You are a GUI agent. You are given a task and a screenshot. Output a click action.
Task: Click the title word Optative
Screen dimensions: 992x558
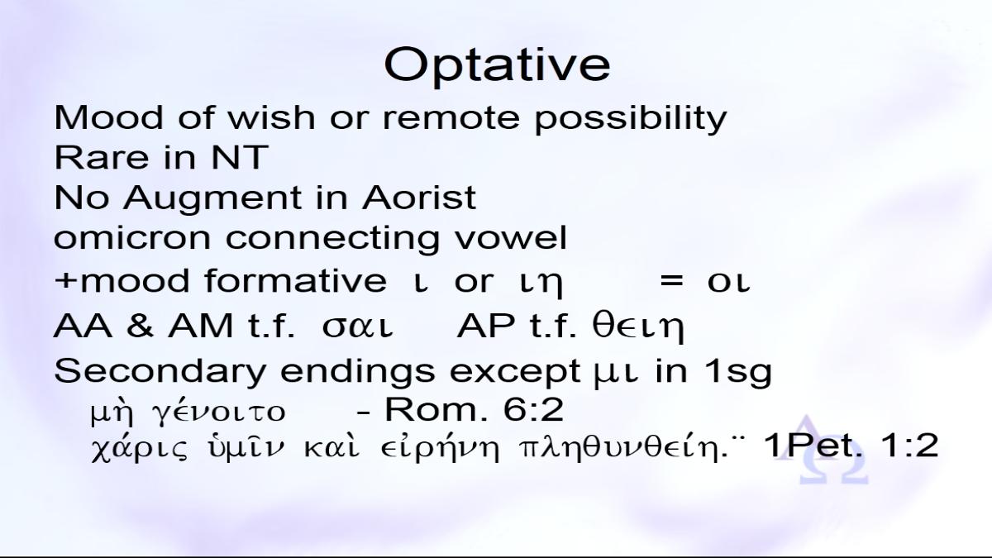click(x=497, y=65)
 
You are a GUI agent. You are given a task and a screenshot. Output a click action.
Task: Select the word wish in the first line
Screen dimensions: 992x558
click(x=271, y=117)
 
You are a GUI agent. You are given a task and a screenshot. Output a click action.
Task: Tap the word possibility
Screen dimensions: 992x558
click(x=631, y=119)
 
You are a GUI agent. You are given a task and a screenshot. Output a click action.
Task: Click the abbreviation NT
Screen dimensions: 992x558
click(x=240, y=157)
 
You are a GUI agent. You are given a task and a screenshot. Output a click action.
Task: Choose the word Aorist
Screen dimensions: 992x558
click(x=419, y=198)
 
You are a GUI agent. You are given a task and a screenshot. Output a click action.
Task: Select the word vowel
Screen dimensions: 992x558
click(x=511, y=238)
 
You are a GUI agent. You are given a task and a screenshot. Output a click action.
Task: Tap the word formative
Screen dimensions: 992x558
click(x=295, y=281)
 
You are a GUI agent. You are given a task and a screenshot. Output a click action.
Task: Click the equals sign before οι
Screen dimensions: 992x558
click(x=671, y=281)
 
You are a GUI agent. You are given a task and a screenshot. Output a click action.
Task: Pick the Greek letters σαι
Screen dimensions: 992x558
click(x=357, y=327)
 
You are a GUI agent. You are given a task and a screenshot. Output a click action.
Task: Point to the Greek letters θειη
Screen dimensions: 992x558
click(x=638, y=327)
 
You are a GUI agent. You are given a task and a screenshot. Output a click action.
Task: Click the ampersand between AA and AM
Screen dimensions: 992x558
click(x=140, y=326)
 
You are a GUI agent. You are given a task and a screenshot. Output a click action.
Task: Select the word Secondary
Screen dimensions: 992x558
click(x=160, y=372)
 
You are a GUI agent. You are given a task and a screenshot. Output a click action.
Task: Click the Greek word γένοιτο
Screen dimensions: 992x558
click(x=218, y=411)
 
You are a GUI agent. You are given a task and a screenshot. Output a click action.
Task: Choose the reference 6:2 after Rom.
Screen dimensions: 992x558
click(x=533, y=410)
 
